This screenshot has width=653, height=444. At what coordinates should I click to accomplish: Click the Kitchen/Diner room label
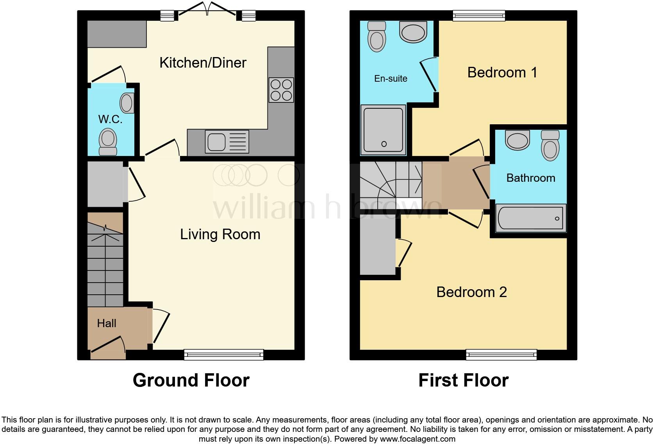(x=203, y=63)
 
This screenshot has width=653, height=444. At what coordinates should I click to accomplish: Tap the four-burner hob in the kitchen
(x=281, y=90)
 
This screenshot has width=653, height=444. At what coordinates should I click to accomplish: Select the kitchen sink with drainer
(x=227, y=141)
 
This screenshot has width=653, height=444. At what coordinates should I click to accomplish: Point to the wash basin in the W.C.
(x=127, y=103)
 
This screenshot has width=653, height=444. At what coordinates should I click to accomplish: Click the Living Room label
(x=220, y=234)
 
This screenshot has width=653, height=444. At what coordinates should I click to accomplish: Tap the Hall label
(x=107, y=323)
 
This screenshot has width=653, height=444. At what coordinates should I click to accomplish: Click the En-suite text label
(x=391, y=79)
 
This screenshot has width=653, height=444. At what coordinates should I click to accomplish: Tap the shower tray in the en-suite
(x=384, y=129)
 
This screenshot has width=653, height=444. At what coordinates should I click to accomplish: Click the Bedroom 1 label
(x=502, y=72)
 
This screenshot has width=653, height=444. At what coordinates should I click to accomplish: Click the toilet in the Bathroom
(x=550, y=145)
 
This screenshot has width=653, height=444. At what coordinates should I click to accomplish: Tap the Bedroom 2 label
(x=471, y=292)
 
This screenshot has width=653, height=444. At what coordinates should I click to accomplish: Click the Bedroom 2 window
(x=501, y=354)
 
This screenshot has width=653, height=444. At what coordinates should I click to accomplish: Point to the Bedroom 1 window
(x=479, y=15)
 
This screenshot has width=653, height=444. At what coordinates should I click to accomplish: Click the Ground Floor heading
(x=191, y=380)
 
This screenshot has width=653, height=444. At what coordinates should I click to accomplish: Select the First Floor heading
(x=463, y=380)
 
